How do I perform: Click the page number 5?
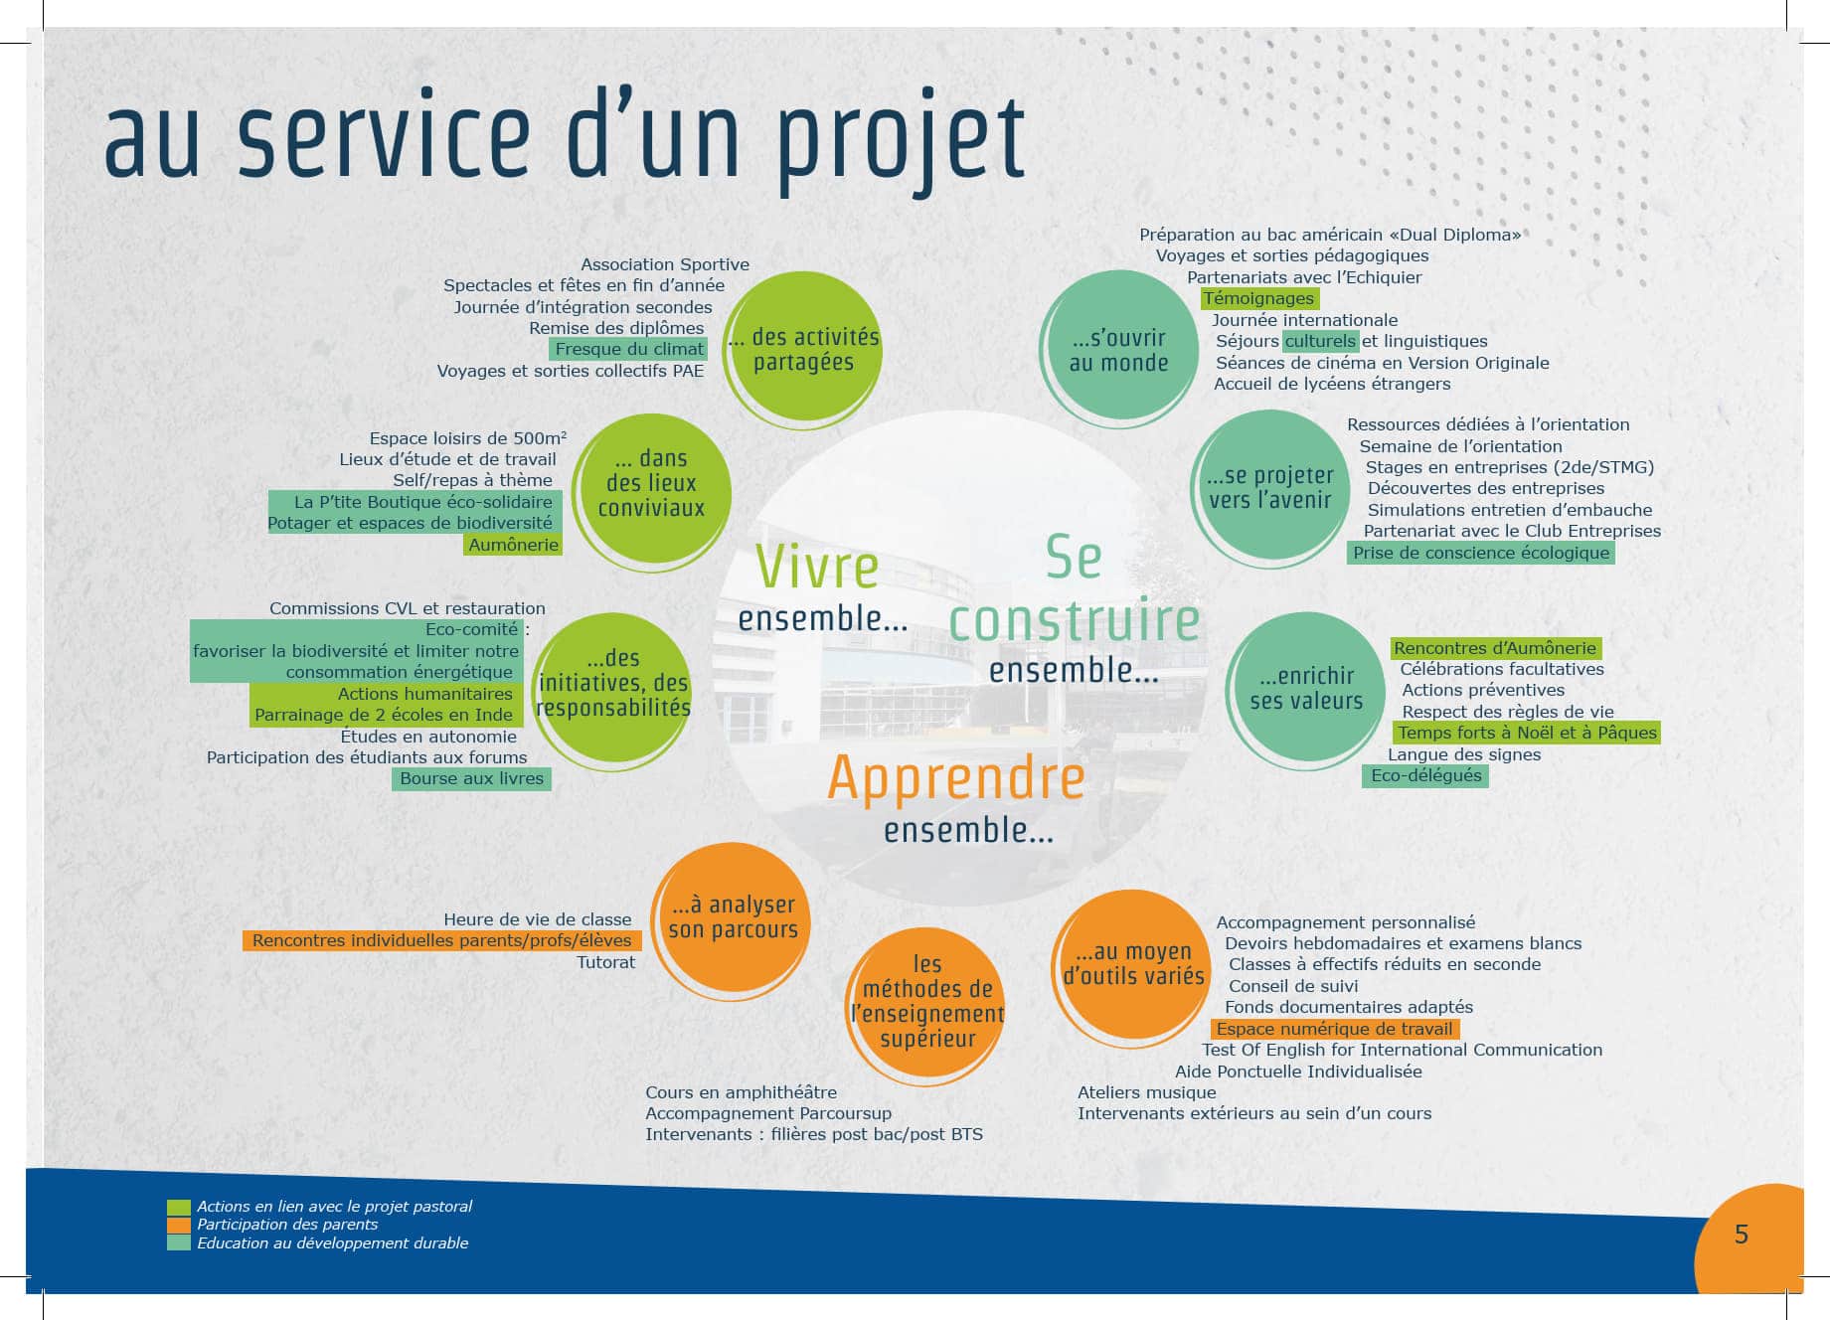click(1741, 1234)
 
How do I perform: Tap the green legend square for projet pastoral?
click(178, 1207)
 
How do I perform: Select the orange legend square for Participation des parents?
click(178, 1225)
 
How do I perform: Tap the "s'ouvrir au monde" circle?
click(1119, 349)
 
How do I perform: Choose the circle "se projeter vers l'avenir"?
click(1269, 488)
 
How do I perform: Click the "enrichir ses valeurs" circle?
click(1306, 689)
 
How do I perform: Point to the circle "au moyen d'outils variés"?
click(1133, 965)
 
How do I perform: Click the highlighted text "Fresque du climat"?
click(629, 349)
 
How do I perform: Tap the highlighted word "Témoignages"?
click(1258, 298)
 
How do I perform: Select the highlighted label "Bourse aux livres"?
click(471, 779)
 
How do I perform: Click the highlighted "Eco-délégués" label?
click(1425, 775)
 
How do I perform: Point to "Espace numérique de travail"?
click(1335, 1029)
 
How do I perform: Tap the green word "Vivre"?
click(817, 567)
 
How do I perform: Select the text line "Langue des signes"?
click(1464, 754)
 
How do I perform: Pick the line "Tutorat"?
click(606, 962)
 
